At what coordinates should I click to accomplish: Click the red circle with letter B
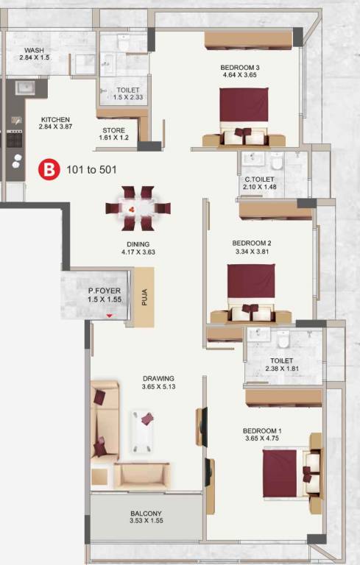coord(49,169)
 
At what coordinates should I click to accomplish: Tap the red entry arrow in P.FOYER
coord(110,316)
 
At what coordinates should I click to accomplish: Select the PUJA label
coord(145,297)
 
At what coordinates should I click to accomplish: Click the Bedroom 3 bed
coord(244,116)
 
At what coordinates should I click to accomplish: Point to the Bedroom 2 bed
coord(250,292)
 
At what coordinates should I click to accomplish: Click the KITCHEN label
coord(55,119)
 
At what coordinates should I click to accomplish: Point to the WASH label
coord(34,49)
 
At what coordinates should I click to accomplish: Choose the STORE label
coord(114,129)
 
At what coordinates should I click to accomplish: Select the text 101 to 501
coord(91,169)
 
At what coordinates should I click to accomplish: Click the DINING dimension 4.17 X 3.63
coord(138,252)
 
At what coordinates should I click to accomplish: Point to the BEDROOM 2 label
coord(252,243)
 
